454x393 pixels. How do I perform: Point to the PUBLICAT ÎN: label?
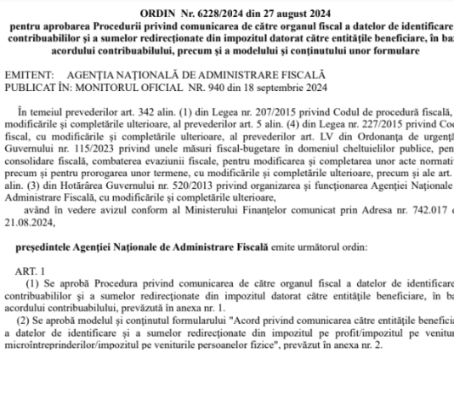click(x=44, y=88)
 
